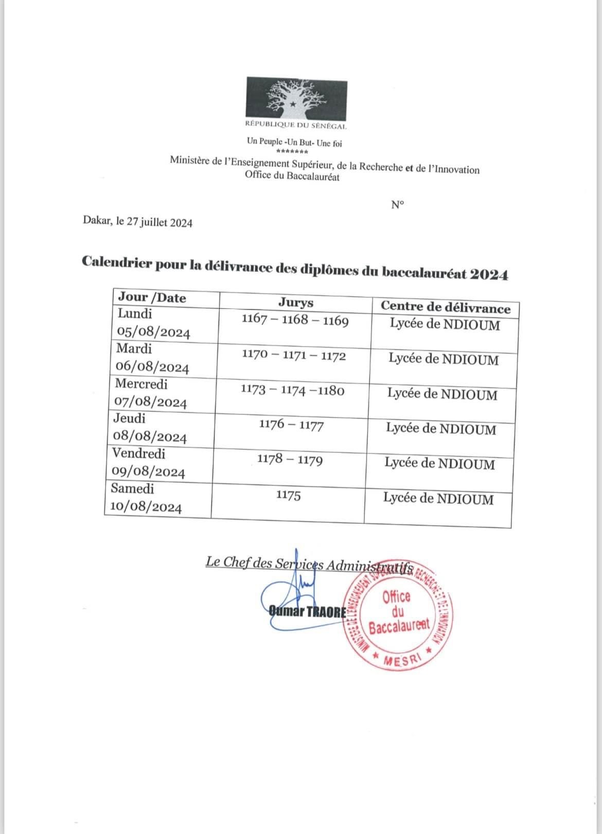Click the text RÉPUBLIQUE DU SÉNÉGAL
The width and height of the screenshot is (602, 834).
(x=296, y=125)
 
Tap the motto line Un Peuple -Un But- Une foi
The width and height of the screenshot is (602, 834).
(x=294, y=142)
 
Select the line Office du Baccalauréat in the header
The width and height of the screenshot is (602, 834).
(x=292, y=177)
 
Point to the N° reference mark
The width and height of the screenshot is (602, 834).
(x=397, y=205)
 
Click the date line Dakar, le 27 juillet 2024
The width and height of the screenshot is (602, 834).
(x=137, y=223)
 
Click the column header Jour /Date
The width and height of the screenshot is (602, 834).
(x=152, y=297)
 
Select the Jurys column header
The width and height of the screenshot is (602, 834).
(x=295, y=302)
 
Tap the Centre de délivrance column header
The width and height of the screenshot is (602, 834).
(x=445, y=307)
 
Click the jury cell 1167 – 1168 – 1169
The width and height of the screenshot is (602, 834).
(x=295, y=320)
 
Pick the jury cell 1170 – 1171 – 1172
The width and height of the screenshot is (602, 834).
(x=294, y=356)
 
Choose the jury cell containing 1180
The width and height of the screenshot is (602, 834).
(x=292, y=390)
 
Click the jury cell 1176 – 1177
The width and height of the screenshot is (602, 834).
(x=291, y=425)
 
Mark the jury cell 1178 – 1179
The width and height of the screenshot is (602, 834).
(x=290, y=459)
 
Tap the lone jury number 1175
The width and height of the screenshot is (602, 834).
(x=288, y=496)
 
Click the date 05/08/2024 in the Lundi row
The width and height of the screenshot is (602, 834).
(x=154, y=333)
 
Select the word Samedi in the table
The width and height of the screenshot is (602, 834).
(x=132, y=488)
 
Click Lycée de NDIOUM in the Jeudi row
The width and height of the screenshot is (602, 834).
(x=441, y=429)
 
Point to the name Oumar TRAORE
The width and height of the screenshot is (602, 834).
(x=307, y=612)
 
